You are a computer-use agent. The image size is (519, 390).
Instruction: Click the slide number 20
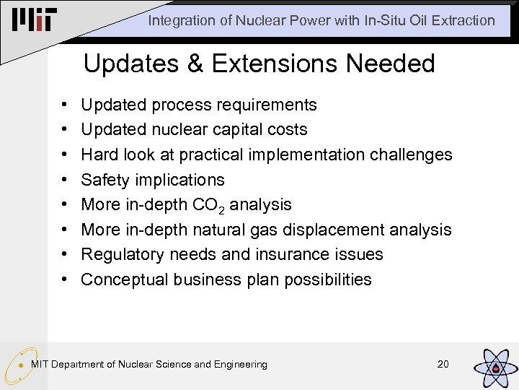443,364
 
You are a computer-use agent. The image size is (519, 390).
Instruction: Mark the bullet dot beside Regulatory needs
66,255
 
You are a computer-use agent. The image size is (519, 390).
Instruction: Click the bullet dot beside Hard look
66,155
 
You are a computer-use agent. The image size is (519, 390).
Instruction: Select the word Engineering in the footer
241,364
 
